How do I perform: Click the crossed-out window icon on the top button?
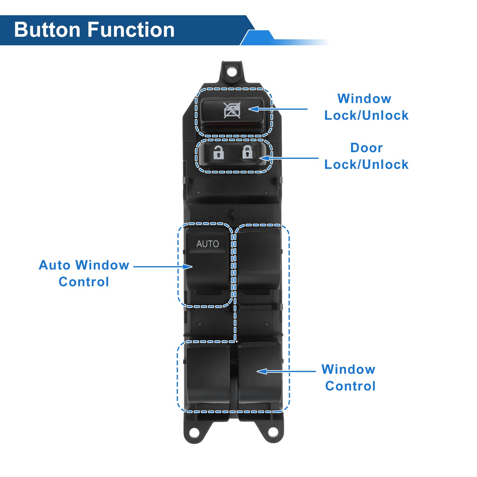(x=232, y=110)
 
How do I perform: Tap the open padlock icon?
(x=218, y=152)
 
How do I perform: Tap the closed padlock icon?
(x=247, y=152)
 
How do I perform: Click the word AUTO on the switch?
(x=207, y=244)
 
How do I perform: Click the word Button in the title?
(x=47, y=30)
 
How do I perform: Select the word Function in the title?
(x=131, y=30)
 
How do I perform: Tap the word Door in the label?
(x=366, y=148)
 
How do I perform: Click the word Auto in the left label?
(x=55, y=265)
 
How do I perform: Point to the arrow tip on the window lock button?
(x=249, y=109)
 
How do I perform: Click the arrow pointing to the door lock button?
(x=289, y=158)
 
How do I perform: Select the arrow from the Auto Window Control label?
(x=163, y=267)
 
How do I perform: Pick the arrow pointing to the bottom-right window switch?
(x=286, y=371)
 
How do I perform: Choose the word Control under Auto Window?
(x=84, y=282)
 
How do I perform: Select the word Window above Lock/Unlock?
(x=364, y=99)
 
